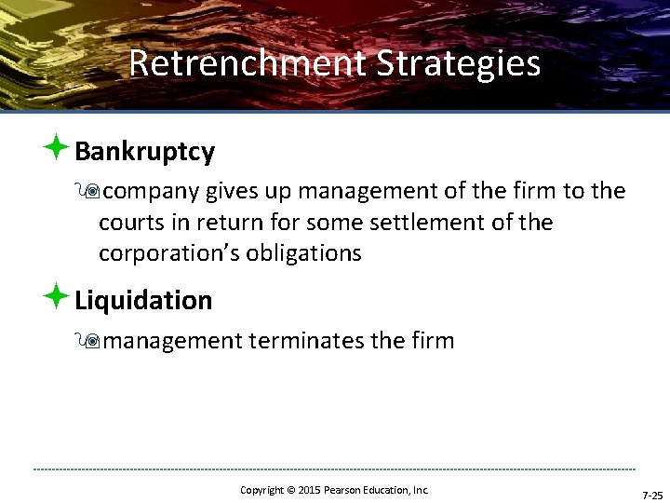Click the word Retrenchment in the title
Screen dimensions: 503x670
pyautogui.click(x=248, y=63)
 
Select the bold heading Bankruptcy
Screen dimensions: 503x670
pyautogui.click(x=144, y=151)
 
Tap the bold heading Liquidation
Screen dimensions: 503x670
pyautogui.click(x=143, y=300)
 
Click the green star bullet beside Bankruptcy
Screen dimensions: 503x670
pyautogui.click(x=56, y=147)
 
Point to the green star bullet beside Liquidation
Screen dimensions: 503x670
pyautogui.click(x=56, y=296)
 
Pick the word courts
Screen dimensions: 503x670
pyautogui.click(x=129, y=223)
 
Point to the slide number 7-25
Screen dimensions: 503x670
pyautogui.click(x=651, y=496)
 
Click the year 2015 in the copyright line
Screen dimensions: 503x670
pyautogui.click(x=308, y=490)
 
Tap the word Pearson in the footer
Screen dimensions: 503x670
pyautogui.click(x=341, y=490)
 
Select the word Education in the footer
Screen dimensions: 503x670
pyautogui.click(x=385, y=490)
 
